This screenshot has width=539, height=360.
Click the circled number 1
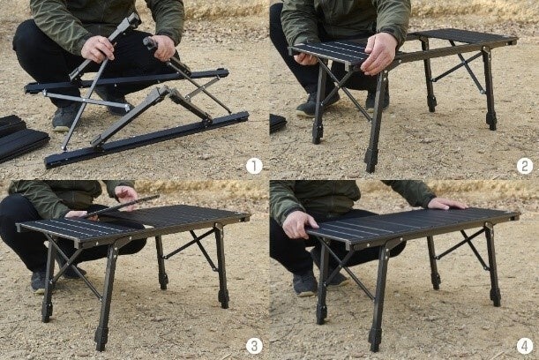coord(254,166)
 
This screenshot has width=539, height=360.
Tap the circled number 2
coord(525,166)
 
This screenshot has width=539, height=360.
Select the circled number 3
coord(254,346)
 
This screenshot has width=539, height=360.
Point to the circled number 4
coord(525,346)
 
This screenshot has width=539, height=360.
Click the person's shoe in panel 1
coord(64,118)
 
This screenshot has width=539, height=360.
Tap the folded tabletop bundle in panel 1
coord(21,139)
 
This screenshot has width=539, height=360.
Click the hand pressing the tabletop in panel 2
coord(380,54)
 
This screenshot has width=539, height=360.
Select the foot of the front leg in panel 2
coord(371,161)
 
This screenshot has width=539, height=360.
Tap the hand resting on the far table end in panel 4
coord(447,204)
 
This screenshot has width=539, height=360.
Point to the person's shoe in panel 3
coord(39,281)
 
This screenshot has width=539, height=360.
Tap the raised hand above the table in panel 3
coord(126,196)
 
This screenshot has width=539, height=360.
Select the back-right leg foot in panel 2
coord(491,120)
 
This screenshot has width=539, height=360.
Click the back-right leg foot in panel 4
coord(496,297)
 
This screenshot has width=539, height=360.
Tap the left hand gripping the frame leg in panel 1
coord(98,49)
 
